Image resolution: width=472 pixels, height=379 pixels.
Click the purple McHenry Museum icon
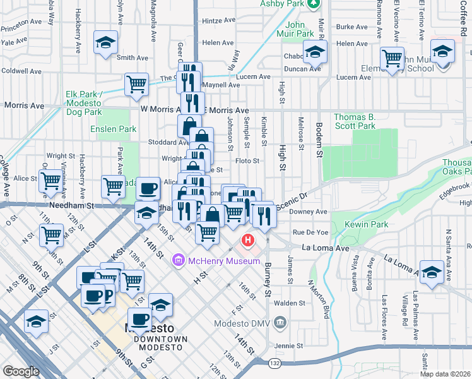click(178, 260)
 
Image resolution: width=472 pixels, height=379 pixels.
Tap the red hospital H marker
click(248, 241)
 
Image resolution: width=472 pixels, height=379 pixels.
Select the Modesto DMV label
click(245, 323)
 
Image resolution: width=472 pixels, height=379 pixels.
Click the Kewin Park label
click(365, 224)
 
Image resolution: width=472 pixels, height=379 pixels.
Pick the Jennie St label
click(290, 346)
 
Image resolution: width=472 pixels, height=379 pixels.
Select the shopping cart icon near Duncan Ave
click(392, 59)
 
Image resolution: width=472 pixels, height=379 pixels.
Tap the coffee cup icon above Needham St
click(148, 188)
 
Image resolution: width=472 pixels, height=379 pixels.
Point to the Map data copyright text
click(445, 374)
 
